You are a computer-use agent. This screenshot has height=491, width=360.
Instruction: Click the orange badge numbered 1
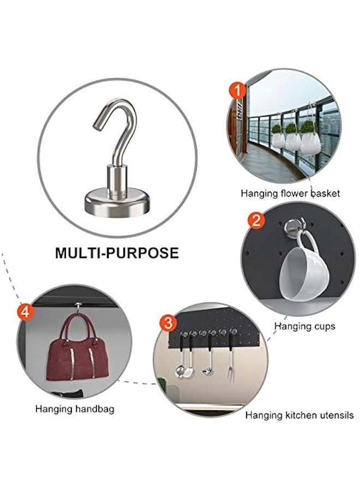point(236,89)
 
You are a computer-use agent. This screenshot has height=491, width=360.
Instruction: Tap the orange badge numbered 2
point(255,220)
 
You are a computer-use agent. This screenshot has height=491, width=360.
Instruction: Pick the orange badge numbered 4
point(26,312)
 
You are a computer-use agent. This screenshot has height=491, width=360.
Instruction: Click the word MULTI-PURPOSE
point(117,253)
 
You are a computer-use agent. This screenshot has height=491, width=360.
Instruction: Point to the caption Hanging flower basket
point(290,193)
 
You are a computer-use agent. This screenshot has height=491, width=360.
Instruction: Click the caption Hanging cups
point(304,326)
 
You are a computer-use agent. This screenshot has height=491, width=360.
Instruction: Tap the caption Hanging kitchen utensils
point(299,415)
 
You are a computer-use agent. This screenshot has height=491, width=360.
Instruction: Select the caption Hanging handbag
point(75,408)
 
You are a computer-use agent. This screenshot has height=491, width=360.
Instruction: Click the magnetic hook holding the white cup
point(294,225)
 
